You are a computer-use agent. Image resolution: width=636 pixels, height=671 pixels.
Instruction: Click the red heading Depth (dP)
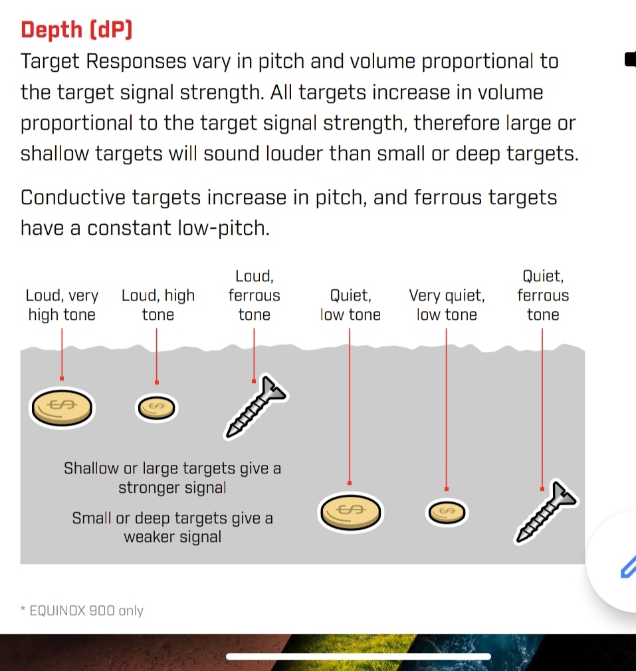(x=76, y=30)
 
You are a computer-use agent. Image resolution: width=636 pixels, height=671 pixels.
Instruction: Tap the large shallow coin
(x=62, y=408)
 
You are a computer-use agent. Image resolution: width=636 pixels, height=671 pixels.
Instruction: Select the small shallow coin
(x=157, y=408)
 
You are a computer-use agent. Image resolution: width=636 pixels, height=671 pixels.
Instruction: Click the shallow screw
(x=256, y=408)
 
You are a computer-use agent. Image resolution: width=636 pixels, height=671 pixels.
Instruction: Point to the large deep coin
(x=351, y=512)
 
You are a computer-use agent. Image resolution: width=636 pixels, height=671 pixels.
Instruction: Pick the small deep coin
(x=447, y=512)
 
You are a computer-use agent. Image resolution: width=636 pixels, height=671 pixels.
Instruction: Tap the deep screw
(x=546, y=511)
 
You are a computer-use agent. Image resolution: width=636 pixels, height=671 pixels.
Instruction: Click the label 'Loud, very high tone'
(x=62, y=305)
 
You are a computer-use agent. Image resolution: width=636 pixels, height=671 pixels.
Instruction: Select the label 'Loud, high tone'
(x=158, y=305)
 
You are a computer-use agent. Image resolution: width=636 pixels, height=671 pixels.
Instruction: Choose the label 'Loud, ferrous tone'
(x=254, y=295)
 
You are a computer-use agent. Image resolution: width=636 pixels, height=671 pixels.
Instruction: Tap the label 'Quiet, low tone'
(x=350, y=305)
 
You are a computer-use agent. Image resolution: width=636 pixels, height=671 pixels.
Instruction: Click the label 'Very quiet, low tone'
(x=447, y=305)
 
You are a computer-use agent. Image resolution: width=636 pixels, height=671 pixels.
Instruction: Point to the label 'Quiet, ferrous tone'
(x=543, y=295)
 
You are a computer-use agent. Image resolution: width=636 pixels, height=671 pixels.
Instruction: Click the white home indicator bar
(x=358, y=656)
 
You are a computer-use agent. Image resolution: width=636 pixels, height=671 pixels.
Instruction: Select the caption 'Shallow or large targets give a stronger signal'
(x=172, y=477)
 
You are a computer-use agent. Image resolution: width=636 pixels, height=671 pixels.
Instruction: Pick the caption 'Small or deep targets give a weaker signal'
(x=172, y=527)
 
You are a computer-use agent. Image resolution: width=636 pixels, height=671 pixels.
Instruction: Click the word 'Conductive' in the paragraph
(x=73, y=198)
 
